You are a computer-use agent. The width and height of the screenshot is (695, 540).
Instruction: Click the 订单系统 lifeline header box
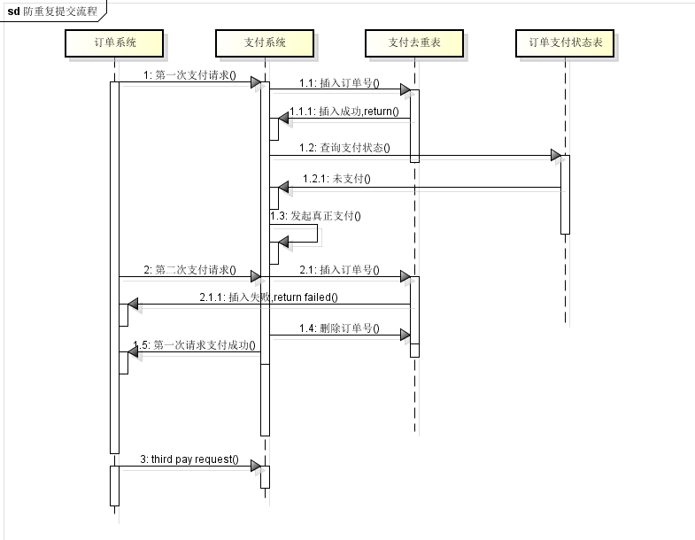pyautogui.click(x=115, y=42)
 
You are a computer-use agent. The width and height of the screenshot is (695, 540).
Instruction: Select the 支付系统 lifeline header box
pyautogui.click(x=265, y=42)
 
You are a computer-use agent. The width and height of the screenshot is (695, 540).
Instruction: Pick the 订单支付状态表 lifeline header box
pyautogui.click(x=565, y=42)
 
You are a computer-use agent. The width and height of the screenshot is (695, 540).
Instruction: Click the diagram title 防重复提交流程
pyautogui.click(x=61, y=12)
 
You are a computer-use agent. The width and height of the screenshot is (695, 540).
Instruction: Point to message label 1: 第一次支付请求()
pyautogui.click(x=189, y=75)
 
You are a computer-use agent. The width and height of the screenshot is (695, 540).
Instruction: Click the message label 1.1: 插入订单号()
pyautogui.click(x=338, y=83)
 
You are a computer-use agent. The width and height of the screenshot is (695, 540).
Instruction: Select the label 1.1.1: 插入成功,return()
pyautogui.click(x=344, y=111)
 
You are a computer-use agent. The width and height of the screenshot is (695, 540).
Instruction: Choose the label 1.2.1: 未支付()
pyautogui.click(x=336, y=179)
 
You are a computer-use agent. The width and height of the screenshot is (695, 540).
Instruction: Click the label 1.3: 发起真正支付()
pyautogui.click(x=316, y=215)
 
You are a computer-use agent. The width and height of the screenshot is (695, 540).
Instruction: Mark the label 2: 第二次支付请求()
pyautogui.click(x=189, y=270)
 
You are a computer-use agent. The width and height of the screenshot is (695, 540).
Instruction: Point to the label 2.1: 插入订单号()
pyautogui.click(x=338, y=270)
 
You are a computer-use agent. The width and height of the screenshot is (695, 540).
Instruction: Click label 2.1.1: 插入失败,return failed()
pyautogui.click(x=268, y=297)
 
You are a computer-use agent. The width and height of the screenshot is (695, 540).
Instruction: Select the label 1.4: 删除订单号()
pyautogui.click(x=338, y=328)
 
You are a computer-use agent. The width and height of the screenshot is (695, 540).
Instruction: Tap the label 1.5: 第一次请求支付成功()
pyautogui.click(x=194, y=344)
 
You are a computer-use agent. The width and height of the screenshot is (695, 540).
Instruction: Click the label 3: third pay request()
pyautogui.click(x=189, y=459)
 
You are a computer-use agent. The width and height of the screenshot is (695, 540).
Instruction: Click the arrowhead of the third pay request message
pyautogui.click(x=255, y=467)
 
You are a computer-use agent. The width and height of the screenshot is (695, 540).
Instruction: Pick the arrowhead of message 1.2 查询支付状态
pyautogui.click(x=555, y=156)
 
